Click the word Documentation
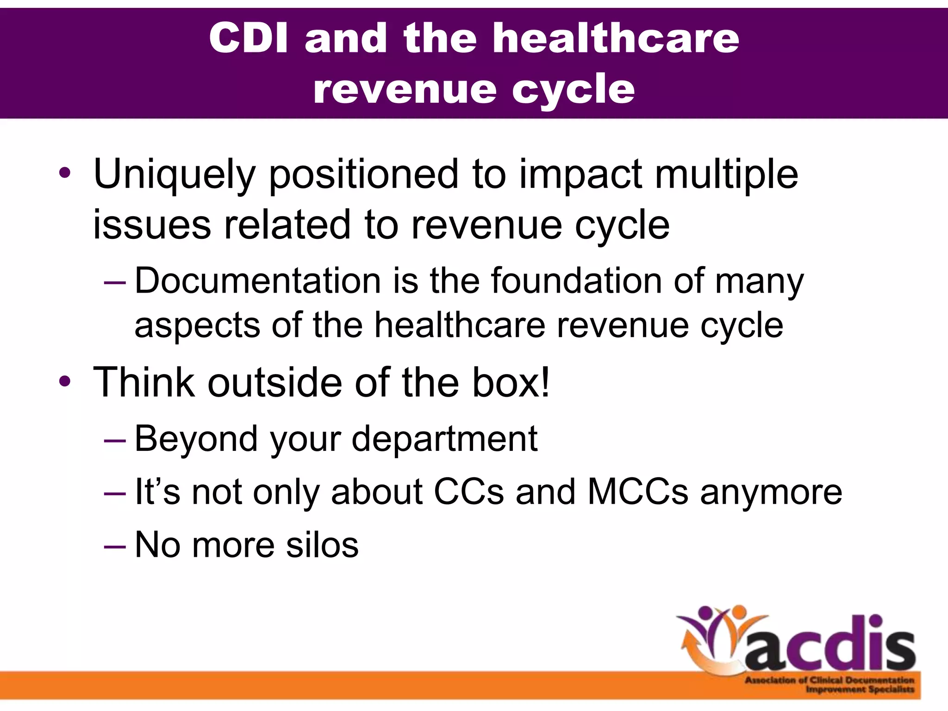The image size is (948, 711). (x=257, y=281)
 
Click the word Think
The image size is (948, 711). (x=143, y=382)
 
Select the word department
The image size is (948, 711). (x=444, y=438)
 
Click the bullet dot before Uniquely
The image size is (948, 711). (x=65, y=174)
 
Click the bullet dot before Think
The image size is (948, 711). (x=65, y=381)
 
